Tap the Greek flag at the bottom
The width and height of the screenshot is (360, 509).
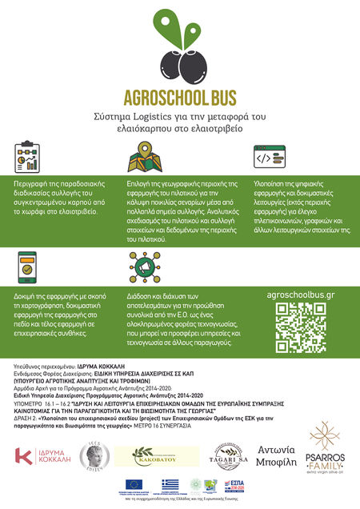tap(170, 485)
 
